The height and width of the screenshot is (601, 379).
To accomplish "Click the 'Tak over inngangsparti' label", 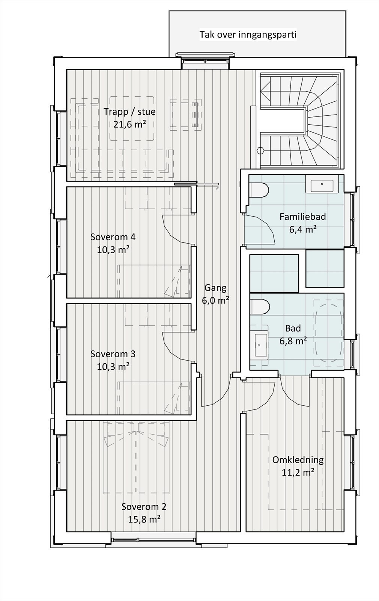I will point(248,35).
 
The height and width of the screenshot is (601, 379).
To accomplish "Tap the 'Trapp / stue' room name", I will point(129,112).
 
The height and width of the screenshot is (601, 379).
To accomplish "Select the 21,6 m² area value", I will point(129,124).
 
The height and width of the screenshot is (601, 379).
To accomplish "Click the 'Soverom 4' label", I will point(113,237).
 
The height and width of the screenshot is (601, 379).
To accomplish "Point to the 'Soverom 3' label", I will point(113,354).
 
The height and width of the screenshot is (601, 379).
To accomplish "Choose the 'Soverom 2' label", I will point(144,506).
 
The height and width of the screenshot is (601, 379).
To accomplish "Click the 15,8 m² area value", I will point(144,519).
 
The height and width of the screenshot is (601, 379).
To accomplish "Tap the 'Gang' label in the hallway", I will point(215,288).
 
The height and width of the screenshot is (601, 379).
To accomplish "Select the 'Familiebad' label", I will point(302,216).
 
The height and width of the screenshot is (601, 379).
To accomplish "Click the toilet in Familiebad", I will point(259,190).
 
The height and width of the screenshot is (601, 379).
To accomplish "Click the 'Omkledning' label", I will point(298,460).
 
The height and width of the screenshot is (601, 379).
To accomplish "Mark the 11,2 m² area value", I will point(298,473).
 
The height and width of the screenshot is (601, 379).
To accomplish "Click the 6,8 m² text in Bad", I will point(293,341).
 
